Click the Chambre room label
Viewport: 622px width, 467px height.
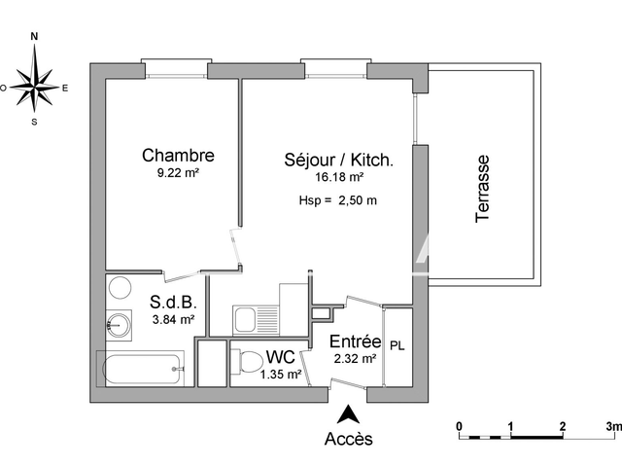[x=178, y=155]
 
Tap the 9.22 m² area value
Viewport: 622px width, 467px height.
[x=178, y=173]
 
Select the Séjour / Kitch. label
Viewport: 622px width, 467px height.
[x=338, y=159]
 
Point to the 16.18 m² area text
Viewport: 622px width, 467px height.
[x=339, y=178]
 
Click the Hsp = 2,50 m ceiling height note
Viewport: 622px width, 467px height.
[x=337, y=201]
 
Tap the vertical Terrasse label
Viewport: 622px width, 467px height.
[x=484, y=190]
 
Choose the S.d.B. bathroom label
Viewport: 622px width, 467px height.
[x=171, y=302]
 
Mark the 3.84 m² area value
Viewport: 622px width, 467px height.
[x=172, y=319]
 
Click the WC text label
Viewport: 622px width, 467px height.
[x=281, y=356]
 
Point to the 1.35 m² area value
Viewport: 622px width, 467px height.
[x=281, y=373]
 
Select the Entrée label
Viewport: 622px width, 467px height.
[x=354, y=341]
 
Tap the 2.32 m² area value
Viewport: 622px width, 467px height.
[x=354, y=359]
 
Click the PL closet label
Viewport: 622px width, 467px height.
[x=397, y=345]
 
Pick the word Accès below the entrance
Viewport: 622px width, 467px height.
[x=348, y=439]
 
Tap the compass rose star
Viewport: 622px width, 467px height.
[x=35, y=87]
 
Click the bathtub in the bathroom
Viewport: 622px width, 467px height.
[x=141, y=369]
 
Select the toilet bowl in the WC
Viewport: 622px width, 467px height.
[x=247, y=363]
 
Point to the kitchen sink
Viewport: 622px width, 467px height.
[x=245, y=318]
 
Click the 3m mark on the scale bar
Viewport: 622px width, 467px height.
[x=613, y=426]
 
